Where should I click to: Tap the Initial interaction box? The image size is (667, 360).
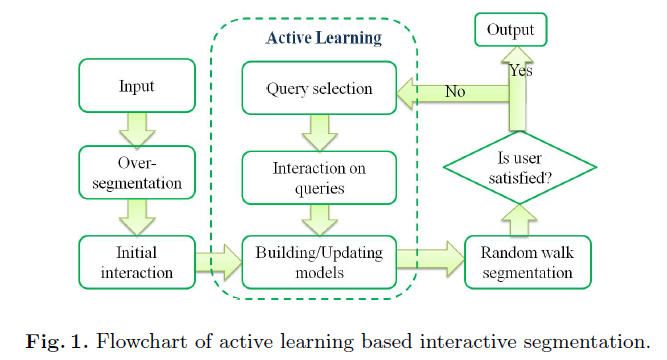coord(137,263)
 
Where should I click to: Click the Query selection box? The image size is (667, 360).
coord(319,89)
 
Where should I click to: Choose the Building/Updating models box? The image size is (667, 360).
coord(319,263)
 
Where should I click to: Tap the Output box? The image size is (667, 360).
coord(510,31)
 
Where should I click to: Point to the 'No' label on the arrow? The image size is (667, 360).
coord(455,91)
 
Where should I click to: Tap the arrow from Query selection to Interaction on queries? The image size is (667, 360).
coord(319,131)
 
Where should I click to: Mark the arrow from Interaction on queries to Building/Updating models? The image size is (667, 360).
coord(319,218)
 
